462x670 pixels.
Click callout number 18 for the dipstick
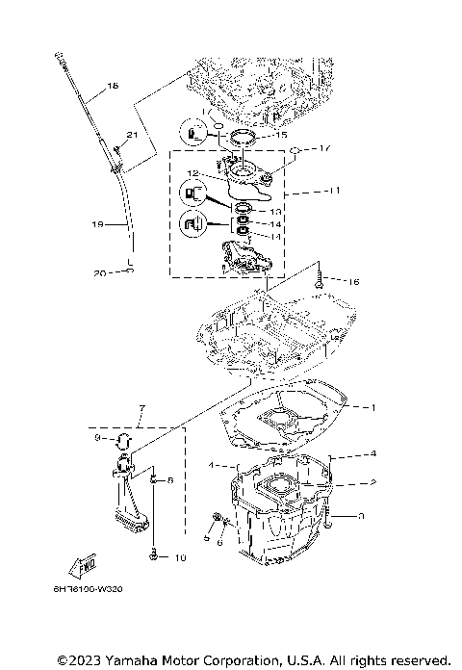[x=113, y=87]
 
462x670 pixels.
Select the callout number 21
[x=131, y=134]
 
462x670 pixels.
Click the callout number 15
[x=282, y=136]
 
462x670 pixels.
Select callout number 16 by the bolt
[x=354, y=281]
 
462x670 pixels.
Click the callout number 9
[x=97, y=438]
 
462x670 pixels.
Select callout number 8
[x=170, y=478]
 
